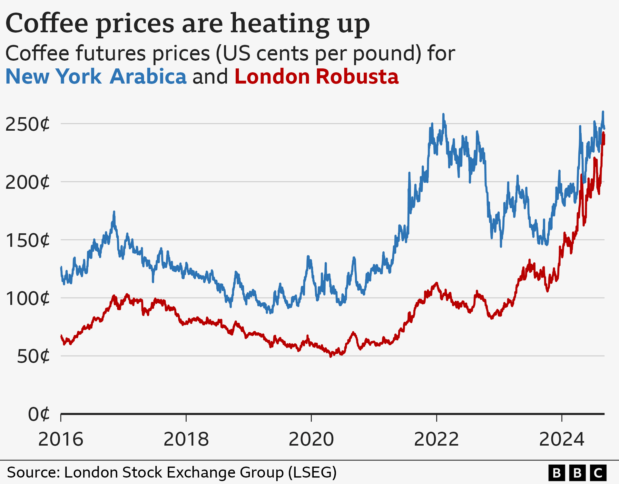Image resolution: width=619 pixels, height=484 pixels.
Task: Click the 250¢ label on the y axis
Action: pos(28,124)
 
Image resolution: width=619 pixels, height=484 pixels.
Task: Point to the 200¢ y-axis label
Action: pos(28,182)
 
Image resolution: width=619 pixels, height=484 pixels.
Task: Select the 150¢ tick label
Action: pos(28,240)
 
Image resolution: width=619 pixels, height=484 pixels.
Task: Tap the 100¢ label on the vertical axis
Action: pos(28,298)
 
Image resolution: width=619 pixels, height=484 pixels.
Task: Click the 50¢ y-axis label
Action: pos(33,357)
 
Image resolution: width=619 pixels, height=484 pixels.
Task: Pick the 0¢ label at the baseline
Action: pos(39,414)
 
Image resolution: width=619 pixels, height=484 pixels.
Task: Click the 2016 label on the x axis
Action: pos(61,439)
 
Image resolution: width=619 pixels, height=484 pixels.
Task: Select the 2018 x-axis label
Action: pos(186,439)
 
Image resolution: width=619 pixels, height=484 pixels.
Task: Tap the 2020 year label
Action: pos(311,439)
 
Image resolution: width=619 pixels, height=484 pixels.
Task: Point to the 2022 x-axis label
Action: pos(436,439)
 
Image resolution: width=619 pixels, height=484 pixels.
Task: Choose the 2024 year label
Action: pos(562,439)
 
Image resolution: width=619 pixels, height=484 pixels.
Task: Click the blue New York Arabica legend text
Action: pos(96,77)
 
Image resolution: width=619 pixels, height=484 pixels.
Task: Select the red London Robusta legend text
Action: pos(317,77)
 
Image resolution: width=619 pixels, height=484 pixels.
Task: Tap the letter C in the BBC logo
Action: pos(598,473)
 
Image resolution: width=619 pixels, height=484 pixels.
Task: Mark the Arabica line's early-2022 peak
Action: pos(443,114)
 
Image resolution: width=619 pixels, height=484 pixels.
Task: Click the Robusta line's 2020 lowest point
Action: pos(330,356)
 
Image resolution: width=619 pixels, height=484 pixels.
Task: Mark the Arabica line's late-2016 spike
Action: pos(114,212)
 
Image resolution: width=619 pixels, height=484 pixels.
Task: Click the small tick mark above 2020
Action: pos(311,418)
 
